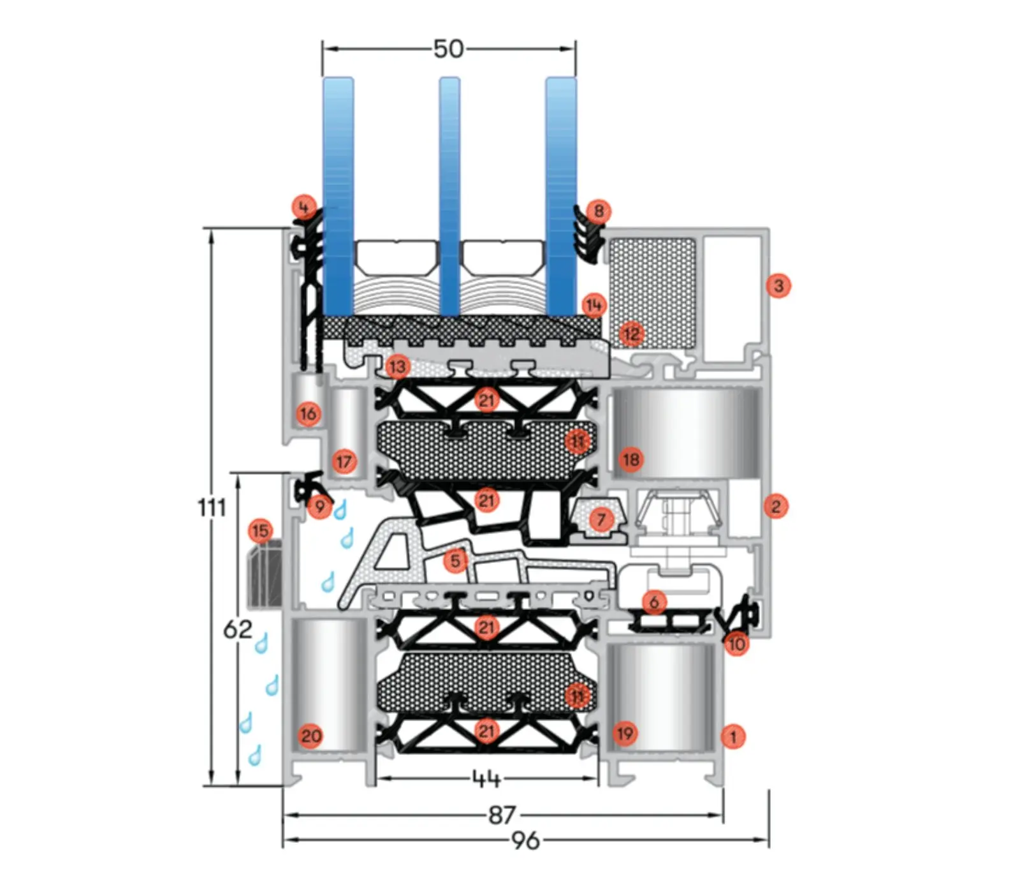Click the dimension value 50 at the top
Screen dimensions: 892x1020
(x=449, y=49)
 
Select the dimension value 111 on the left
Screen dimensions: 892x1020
(x=212, y=508)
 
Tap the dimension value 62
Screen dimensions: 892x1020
(x=238, y=630)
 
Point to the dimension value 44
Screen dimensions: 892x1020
(x=486, y=778)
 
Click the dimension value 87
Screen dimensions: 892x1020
(x=502, y=815)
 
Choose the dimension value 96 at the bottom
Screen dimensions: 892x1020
(x=525, y=840)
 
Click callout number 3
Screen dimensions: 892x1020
(x=778, y=285)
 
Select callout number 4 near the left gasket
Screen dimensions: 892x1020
(x=303, y=207)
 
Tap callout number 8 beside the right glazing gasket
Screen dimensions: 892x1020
(x=599, y=211)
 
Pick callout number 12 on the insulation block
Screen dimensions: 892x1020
(x=631, y=334)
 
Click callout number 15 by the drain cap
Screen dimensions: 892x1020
(x=259, y=531)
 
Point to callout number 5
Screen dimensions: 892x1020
(x=455, y=561)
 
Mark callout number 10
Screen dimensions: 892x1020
(x=736, y=644)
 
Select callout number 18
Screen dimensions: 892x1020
(x=631, y=459)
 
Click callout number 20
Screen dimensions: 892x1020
(x=310, y=736)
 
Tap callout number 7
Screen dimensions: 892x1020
(x=600, y=519)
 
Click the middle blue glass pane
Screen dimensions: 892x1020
(x=449, y=191)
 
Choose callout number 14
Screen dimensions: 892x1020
(x=594, y=306)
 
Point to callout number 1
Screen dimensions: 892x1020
(x=733, y=737)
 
